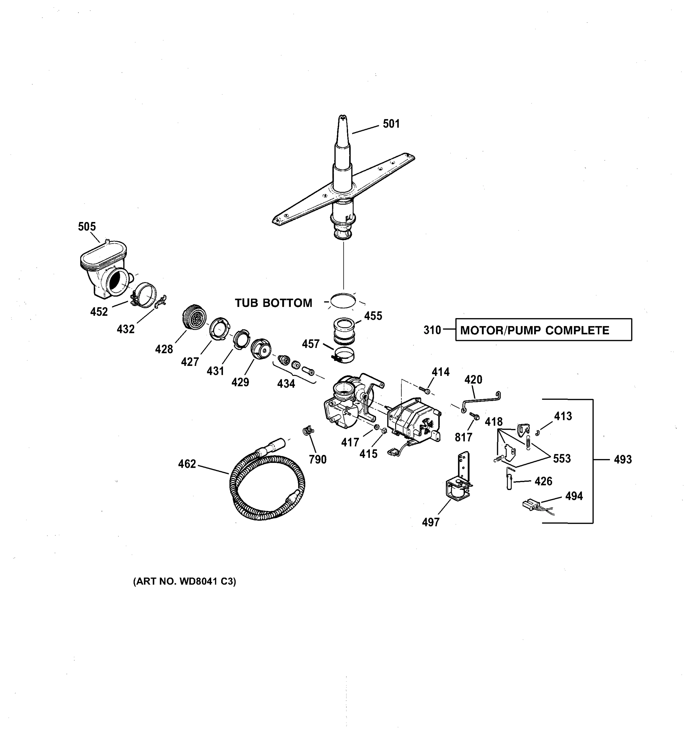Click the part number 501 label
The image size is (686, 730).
[391, 124]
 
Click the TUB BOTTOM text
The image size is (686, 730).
[273, 303]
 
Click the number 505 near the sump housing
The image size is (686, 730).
[87, 227]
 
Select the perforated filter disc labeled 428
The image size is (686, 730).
[194, 317]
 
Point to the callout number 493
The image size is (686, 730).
[622, 459]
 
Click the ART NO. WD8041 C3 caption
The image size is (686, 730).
[184, 581]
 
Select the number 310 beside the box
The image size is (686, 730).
[432, 330]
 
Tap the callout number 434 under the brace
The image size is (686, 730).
[286, 384]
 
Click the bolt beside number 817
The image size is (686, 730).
[475, 416]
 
